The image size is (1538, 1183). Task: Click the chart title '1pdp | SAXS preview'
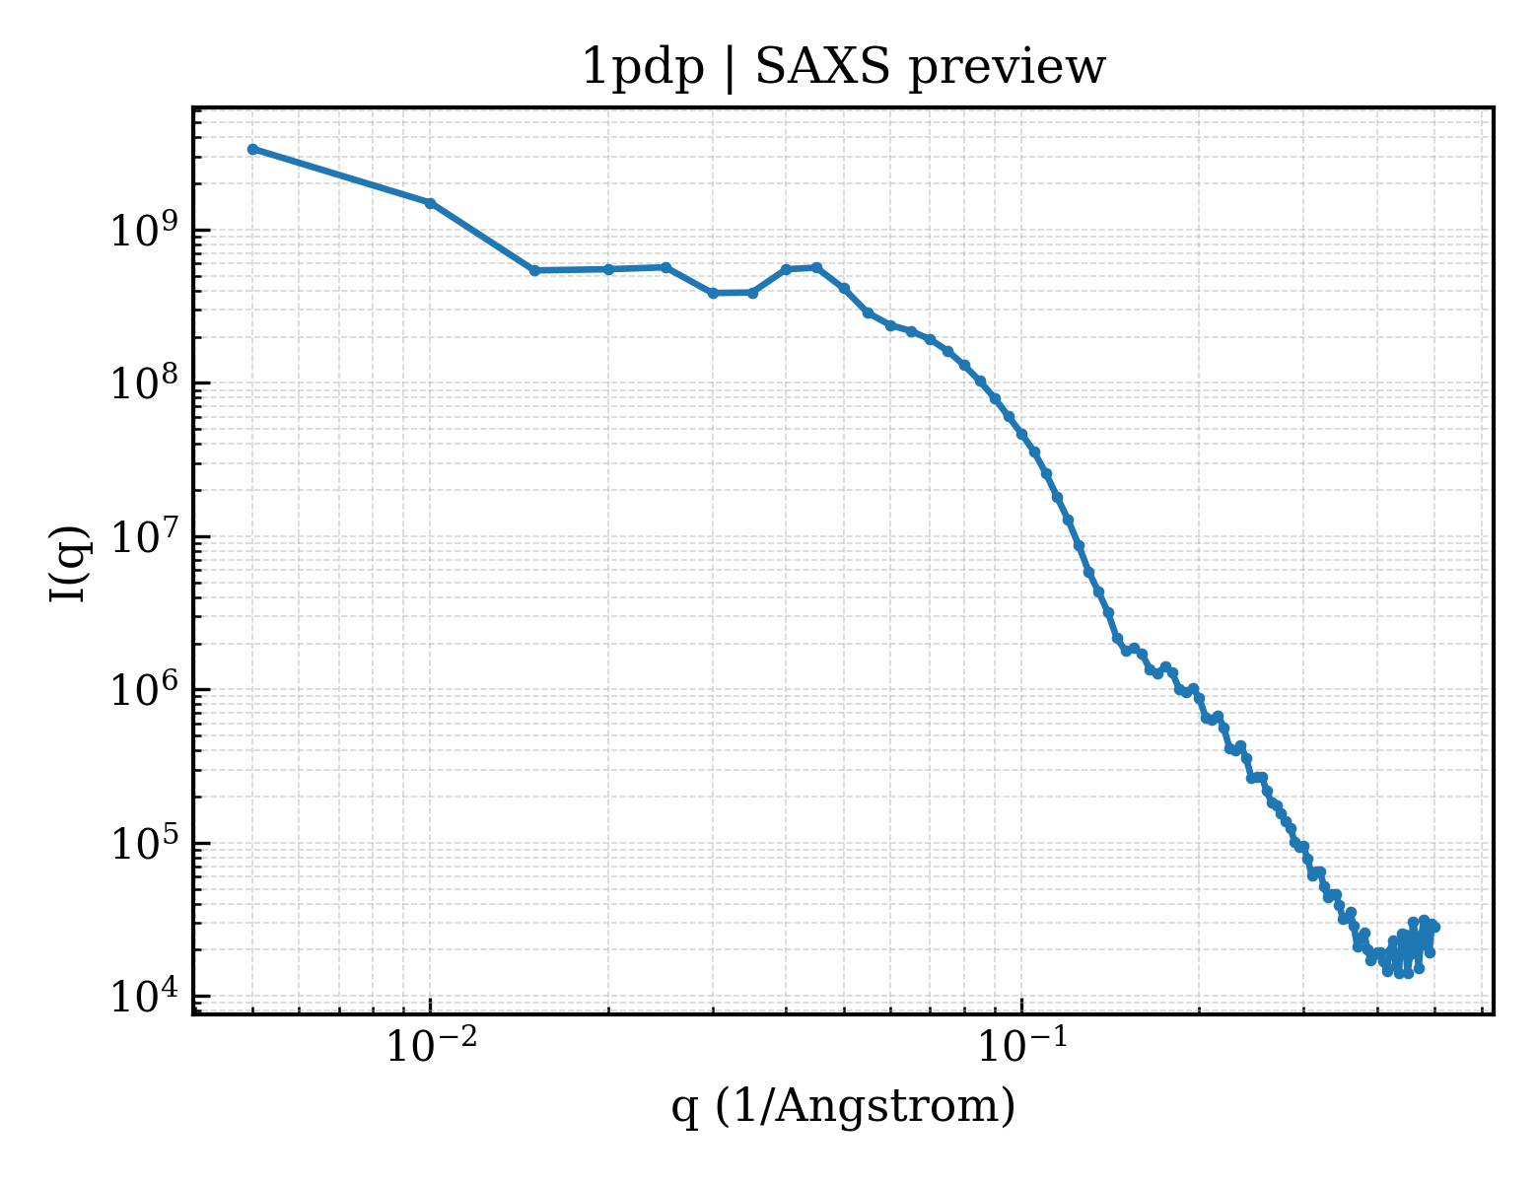pos(842,68)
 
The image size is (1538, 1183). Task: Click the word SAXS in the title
pos(821,68)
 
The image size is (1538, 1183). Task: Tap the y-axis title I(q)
pos(69,564)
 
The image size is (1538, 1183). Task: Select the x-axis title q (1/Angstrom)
pos(843,1106)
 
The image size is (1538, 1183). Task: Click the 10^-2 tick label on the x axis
pos(431,1044)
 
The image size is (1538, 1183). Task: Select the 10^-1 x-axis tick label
pos(1022,1044)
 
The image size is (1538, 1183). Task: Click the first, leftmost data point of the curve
pos(252,149)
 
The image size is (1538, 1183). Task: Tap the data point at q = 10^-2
pos(430,203)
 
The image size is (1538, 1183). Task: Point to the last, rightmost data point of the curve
pos(1434,927)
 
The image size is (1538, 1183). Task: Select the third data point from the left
pos(534,271)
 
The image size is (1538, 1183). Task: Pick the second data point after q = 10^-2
pos(608,269)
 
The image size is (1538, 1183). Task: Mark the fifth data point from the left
pos(666,267)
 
